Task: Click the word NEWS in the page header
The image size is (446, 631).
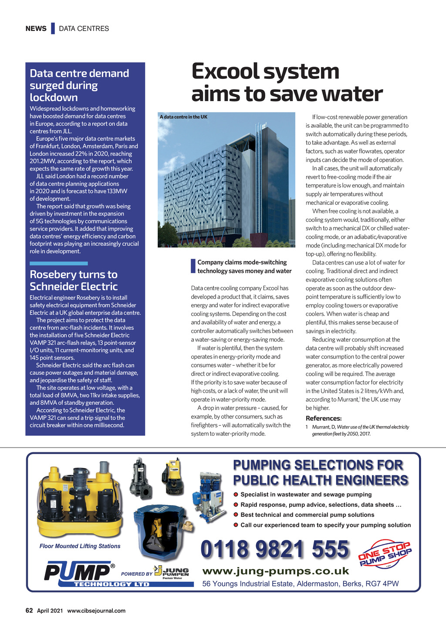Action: [36, 29]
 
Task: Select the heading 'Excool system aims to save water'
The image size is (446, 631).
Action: [287, 83]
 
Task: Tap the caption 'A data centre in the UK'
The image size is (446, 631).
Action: [183, 117]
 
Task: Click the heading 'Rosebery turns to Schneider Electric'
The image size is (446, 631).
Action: [74, 280]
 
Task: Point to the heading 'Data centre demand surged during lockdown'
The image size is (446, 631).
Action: [79, 85]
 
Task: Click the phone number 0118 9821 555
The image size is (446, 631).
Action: [275, 549]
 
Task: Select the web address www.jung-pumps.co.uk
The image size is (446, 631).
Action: [276, 571]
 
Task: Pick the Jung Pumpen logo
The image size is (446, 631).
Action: [172, 572]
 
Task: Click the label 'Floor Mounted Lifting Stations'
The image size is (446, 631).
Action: [80, 546]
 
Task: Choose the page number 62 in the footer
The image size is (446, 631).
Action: [29, 611]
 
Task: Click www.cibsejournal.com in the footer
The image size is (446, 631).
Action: [96, 611]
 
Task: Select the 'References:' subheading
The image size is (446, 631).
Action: [324, 418]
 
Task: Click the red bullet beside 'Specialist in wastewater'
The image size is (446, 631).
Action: [236, 495]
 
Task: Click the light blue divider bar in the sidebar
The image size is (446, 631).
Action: [58, 264]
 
